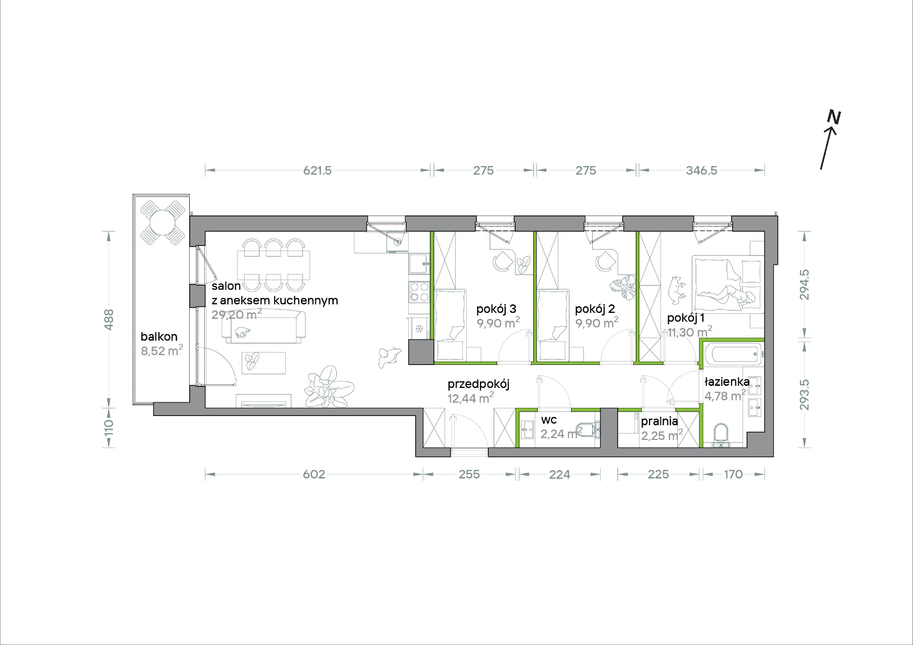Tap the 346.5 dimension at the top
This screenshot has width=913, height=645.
coord(701,171)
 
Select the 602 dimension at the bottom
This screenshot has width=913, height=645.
coord(314,474)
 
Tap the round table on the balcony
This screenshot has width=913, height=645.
coord(162,223)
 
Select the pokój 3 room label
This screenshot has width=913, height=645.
coord(496,309)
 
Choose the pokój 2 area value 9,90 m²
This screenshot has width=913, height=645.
coord(597,322)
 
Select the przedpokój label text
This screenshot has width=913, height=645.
coord(478,384)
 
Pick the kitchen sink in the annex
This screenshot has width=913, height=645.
coord(419,263)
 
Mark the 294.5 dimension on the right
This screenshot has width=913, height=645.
coord(804,285)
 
